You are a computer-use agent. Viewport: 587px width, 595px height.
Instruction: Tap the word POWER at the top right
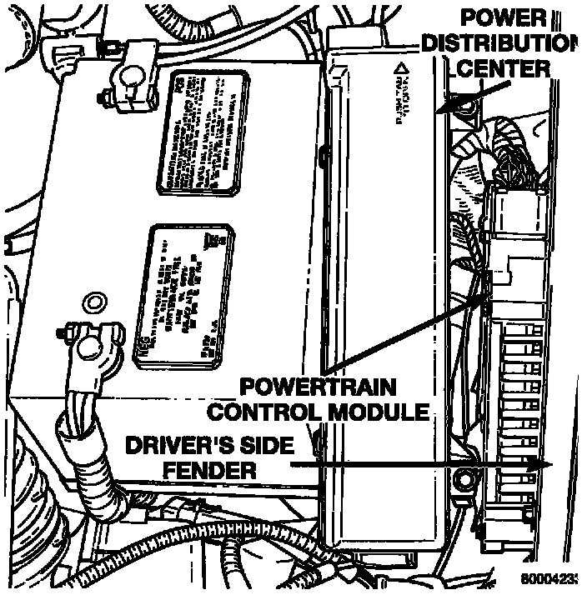tap(504, 18)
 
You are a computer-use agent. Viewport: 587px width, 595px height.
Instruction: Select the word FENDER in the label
tap(208, 471)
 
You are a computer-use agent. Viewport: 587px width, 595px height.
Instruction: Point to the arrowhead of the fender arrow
tap(546, 464)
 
